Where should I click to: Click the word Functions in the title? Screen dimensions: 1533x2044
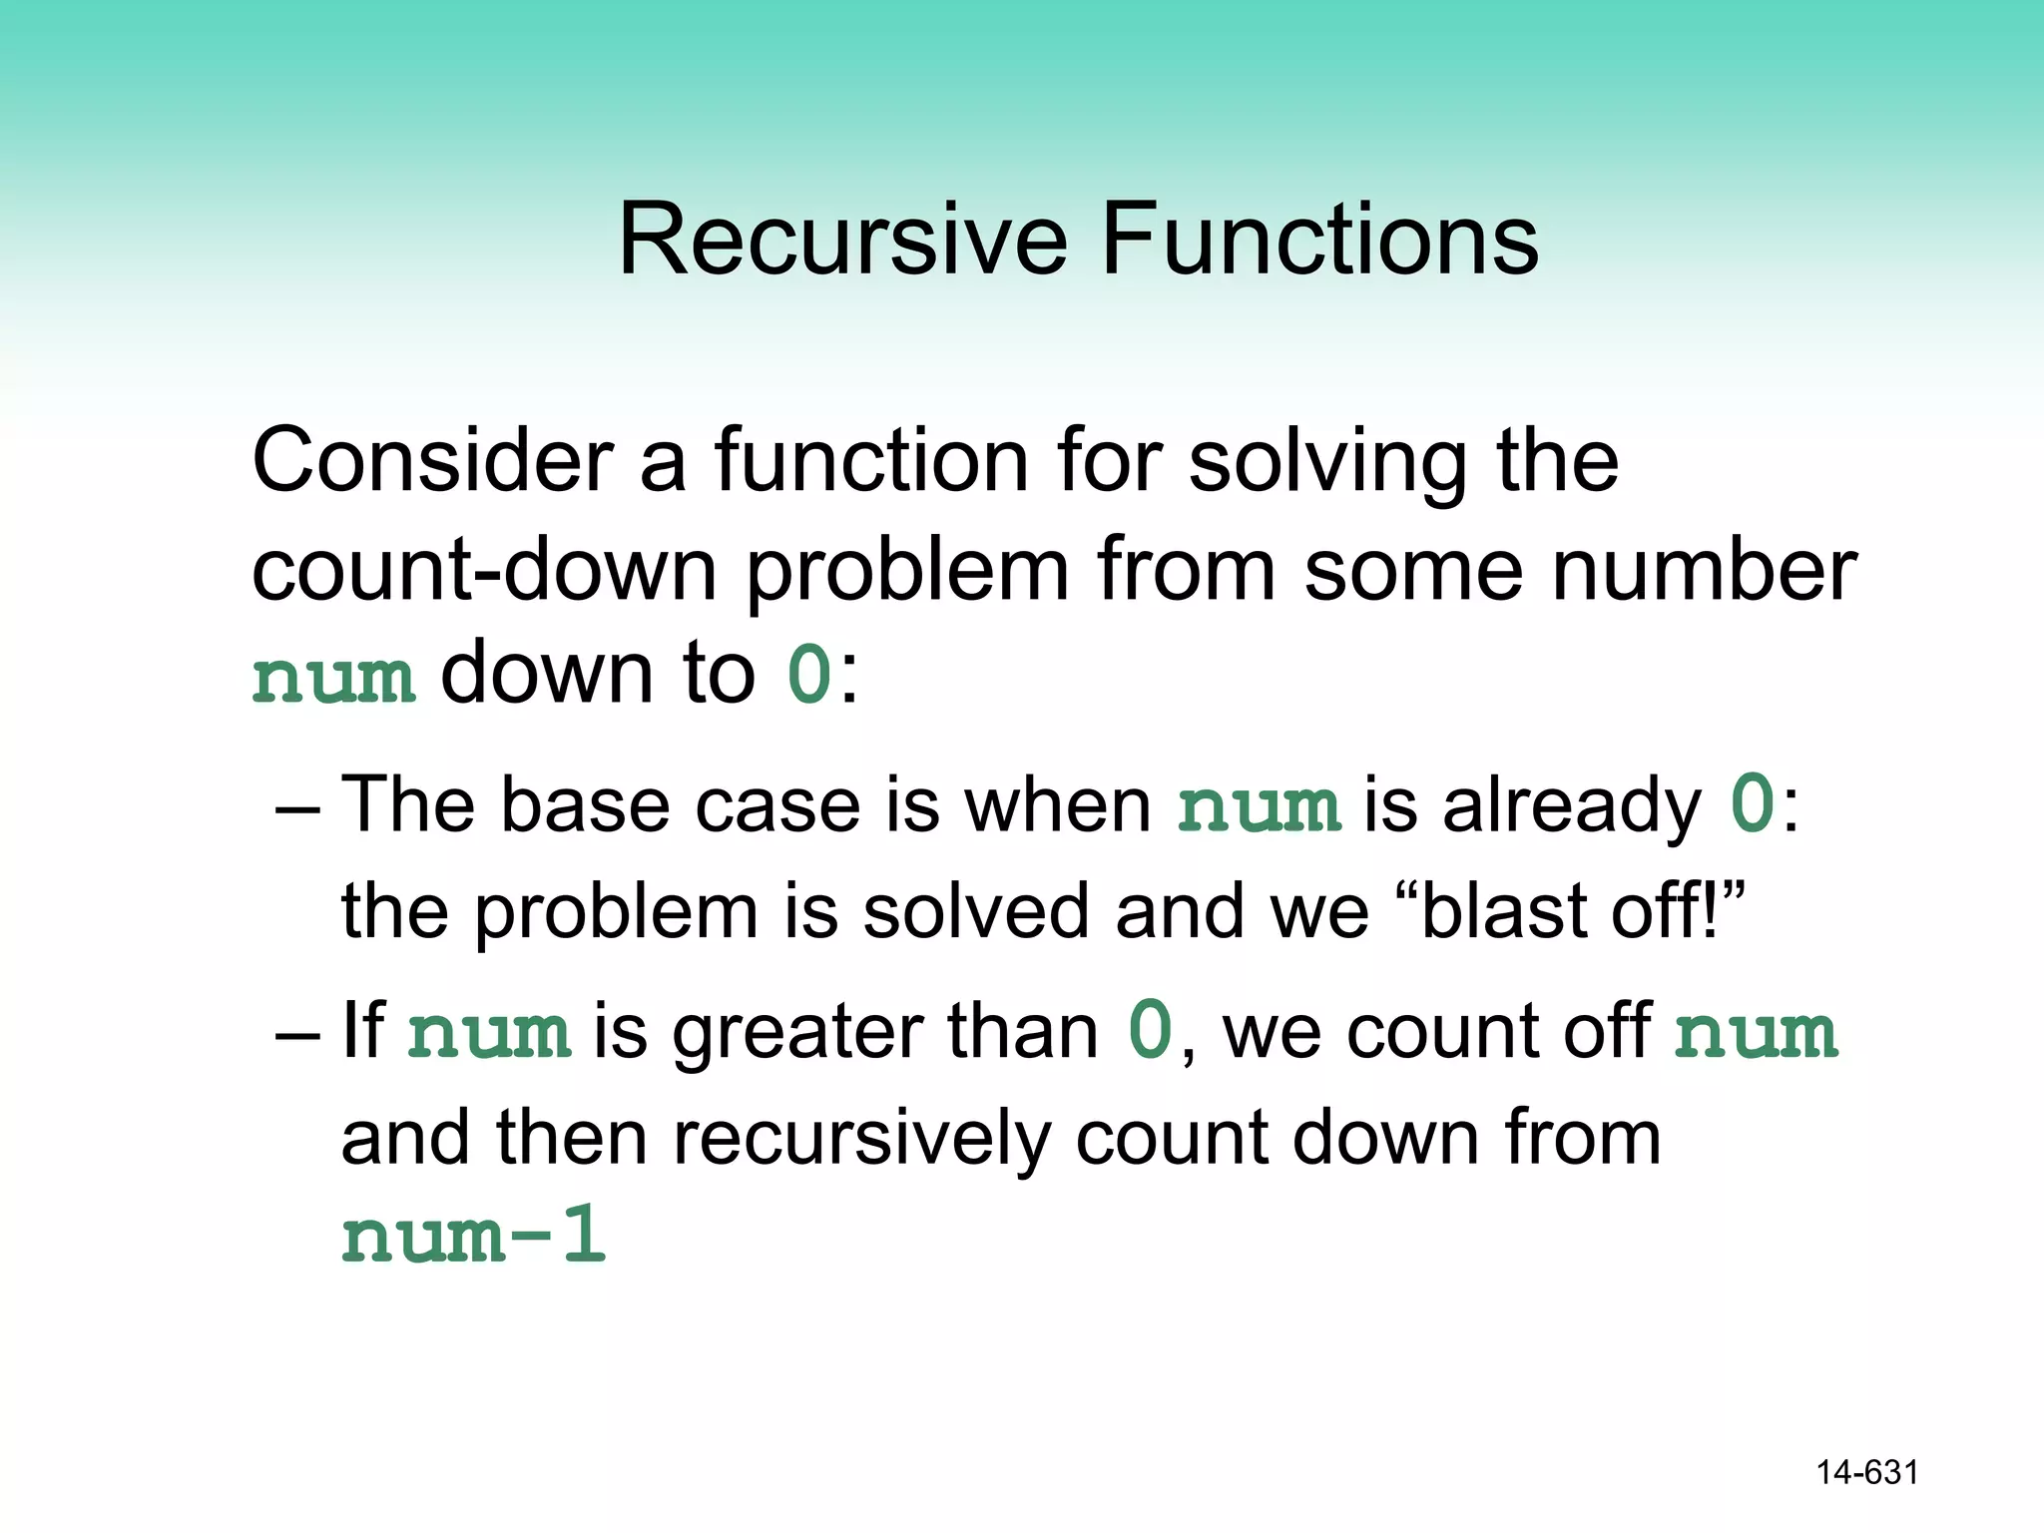pyautogui.click(x=1319, y=240)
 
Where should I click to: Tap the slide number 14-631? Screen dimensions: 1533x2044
pyautogui.click(x=1866, y=1472)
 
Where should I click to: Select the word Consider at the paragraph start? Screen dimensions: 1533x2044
pyautogui.click(x=432, y=461)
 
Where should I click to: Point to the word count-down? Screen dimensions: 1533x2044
pyautogui.click(x=484, y=571)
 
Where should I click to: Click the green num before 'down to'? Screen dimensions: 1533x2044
pyautogui.click(x=333, y=679)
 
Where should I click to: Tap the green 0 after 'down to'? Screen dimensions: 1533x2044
pyautogui.click(x=809, y=676)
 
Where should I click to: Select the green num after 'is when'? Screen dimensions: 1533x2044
pyautogui.click(x=1259, y=807)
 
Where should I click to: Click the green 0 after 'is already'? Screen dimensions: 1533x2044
pyautogui.click(x=1753, y=804)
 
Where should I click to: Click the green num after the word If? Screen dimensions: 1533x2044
pyautogui.click(x=489, y=1033)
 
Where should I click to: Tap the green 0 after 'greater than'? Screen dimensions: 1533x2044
pyautogui.click(x=1150, y=1031)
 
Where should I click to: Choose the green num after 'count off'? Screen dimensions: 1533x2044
pyautogui.click(x=1756, y=1033)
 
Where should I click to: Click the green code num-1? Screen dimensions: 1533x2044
pyautogui.click(x=474, y=1236)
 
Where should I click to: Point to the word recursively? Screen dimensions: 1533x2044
pyautogui.click(x=862, y=1141)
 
